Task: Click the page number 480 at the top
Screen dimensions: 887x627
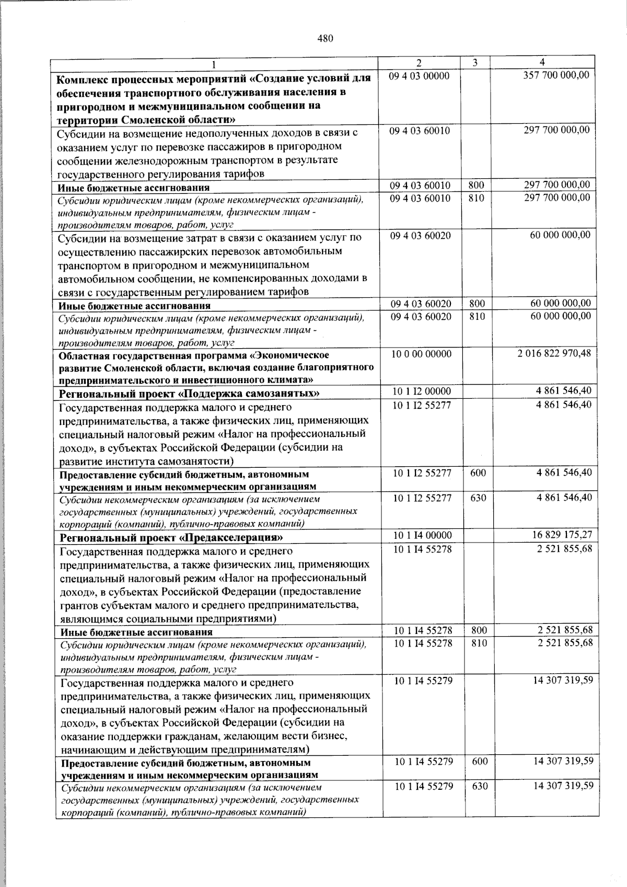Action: point(325,39)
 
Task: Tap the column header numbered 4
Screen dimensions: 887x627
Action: point(543,62)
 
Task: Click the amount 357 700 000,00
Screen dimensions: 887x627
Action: point(556,75)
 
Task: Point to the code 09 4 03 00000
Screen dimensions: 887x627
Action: point(419,76)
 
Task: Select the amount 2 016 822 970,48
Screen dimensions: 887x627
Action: point(555,353)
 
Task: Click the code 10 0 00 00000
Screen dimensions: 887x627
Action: point(422,354)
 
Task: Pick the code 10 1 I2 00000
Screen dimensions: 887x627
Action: point(422,391)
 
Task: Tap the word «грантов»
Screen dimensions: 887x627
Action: point(77,605)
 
